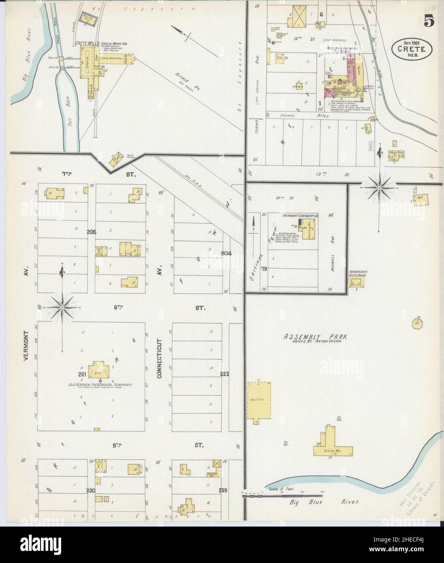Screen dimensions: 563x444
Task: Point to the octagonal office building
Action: click(x=418, y=323)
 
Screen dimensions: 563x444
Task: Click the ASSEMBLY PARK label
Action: click(x=314, y=336)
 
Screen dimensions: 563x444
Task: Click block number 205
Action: click(x=91, y=232)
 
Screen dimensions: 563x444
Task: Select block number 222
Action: click(x=224, y=373)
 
